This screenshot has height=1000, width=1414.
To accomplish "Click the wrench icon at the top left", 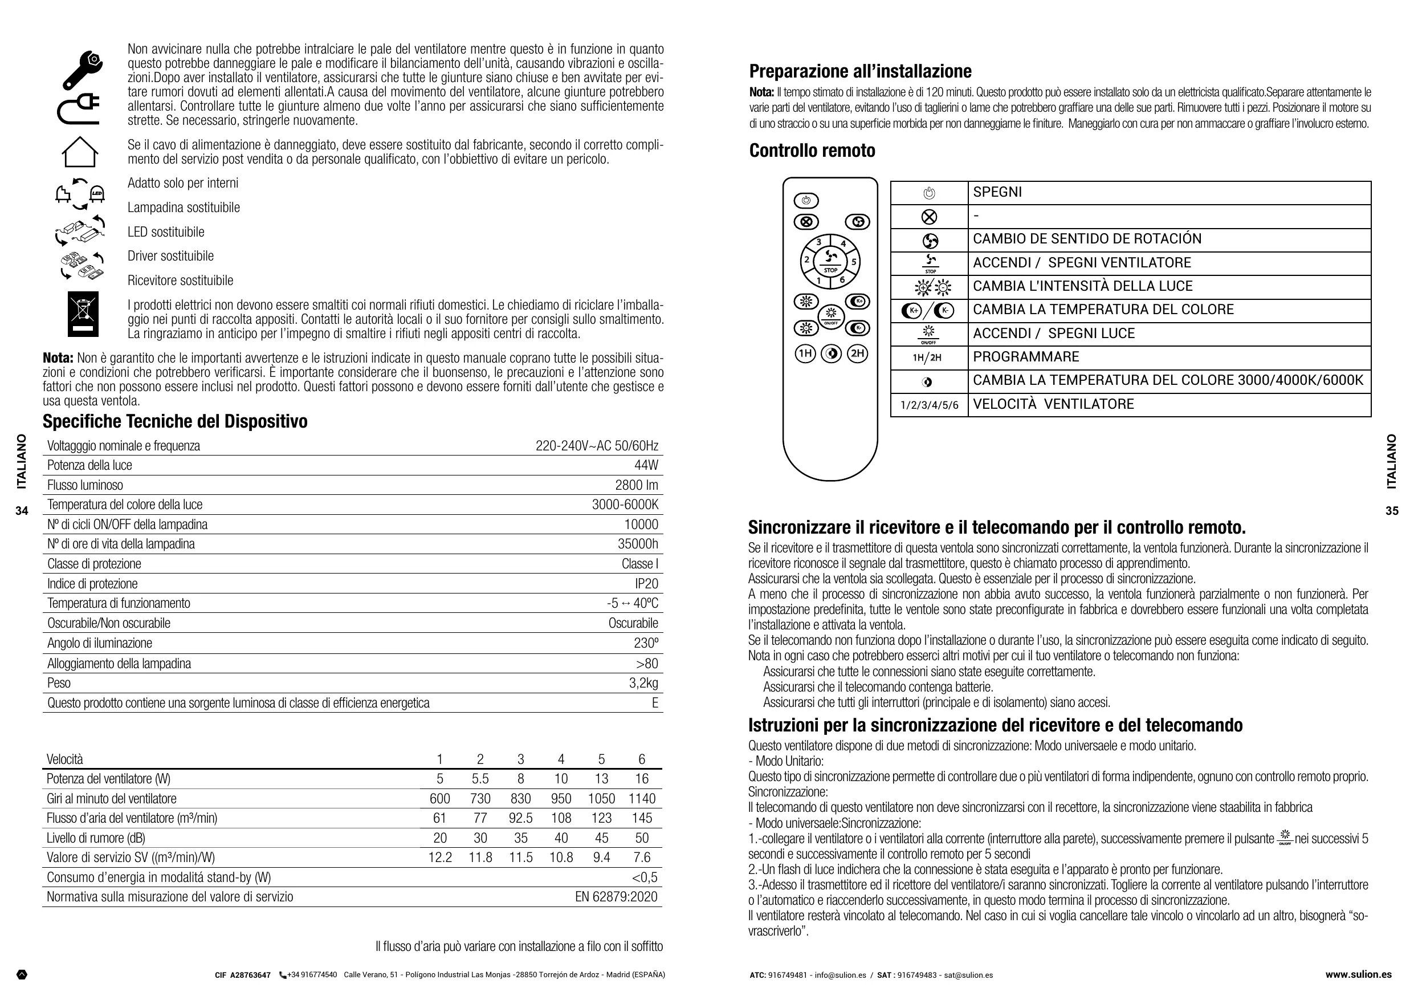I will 82,70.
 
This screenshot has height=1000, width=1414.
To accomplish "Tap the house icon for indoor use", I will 79,152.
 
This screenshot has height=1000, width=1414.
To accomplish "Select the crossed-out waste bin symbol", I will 83,314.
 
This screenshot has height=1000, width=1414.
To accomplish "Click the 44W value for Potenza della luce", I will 646,465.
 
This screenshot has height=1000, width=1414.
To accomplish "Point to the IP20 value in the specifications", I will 646,583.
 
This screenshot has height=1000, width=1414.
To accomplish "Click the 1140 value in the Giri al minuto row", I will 642,799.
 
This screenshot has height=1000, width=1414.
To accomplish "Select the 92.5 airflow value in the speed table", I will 520,818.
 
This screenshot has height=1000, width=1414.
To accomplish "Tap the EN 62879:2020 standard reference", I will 616,896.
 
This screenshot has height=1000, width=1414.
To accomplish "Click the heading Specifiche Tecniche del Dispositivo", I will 175,421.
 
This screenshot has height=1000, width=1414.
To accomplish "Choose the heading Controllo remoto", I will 812,151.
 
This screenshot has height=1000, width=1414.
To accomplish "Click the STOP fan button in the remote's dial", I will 830,261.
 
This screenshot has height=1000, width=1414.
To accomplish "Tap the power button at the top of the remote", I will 806,201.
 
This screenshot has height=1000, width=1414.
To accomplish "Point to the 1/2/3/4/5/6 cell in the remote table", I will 929,405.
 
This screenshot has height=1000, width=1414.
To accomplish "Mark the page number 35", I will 1392,511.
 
